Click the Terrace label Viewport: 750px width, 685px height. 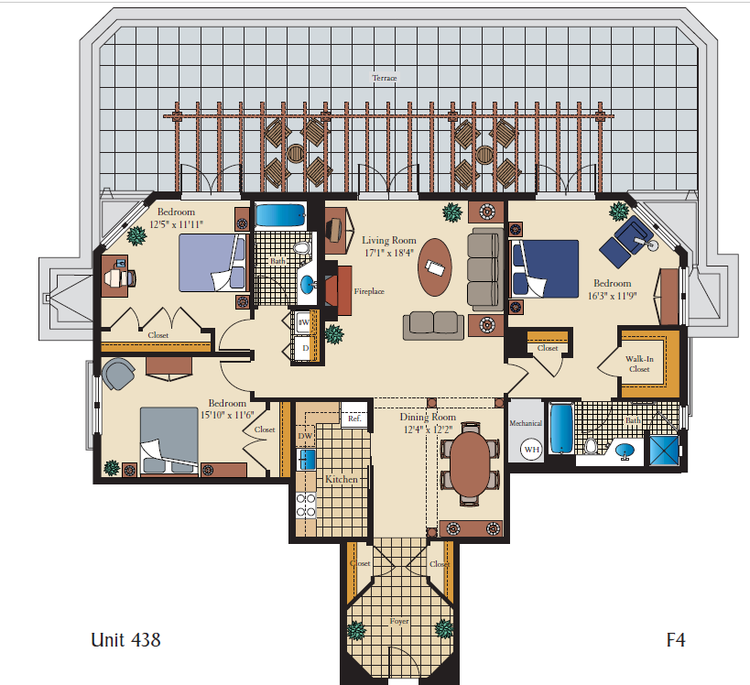(385, 78)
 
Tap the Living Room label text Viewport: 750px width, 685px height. (388, 241)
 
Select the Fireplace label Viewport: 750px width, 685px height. (368, 291)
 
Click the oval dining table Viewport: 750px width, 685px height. (471, 464)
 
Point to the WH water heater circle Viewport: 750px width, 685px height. (531, 450)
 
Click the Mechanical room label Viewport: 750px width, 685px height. (526, 423)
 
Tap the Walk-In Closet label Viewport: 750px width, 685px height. (638, 364)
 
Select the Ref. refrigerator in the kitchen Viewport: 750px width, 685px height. (353, 419)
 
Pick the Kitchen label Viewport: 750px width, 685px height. (342, 479)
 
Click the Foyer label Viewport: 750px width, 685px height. (398, 621)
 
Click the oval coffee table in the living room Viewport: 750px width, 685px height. (434, 266)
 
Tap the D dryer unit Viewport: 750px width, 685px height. (305, 349)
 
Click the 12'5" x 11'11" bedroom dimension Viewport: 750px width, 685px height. (176, 223)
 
